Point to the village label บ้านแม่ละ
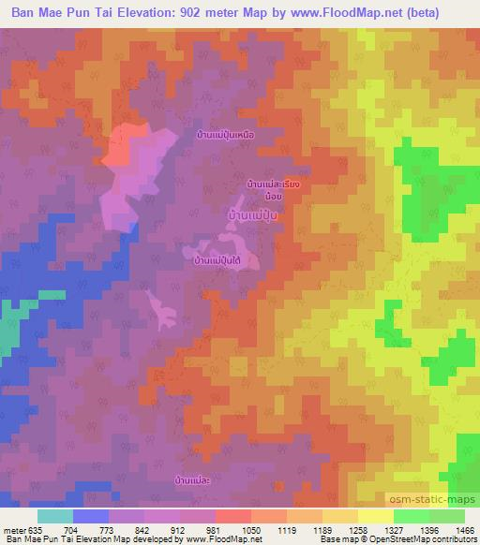(198, 479)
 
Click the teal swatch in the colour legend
(55, 516)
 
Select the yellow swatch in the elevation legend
(376, 516)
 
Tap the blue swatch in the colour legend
(91, 516)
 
